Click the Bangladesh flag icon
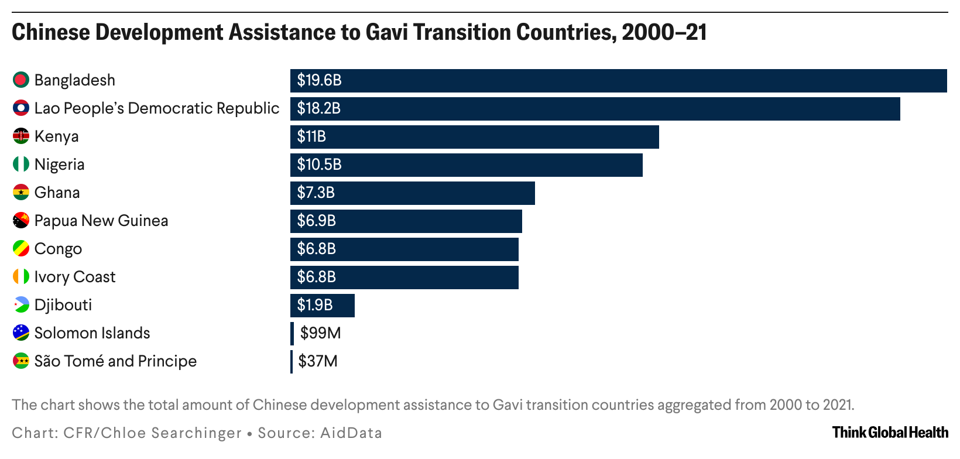point(21,80)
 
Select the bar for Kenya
point(474,136)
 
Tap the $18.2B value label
point(318,108)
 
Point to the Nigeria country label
point(59,165)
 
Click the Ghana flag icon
point(21,192)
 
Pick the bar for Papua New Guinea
point(406,221)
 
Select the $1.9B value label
point(315,305)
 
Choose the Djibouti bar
point(322,305)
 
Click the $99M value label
point(320,333)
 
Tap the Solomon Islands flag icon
point(21,333)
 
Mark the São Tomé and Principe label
point(115,361)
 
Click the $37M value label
point(318,361)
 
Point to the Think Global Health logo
point(890,433)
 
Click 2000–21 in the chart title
point(664,32)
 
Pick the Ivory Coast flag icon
point(21,276)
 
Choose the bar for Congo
point(404,249)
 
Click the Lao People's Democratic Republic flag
point(21,108)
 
